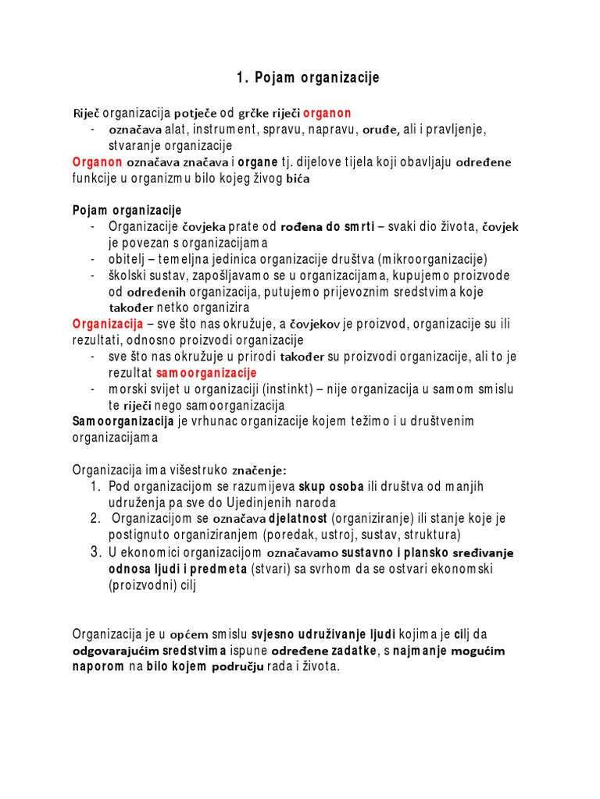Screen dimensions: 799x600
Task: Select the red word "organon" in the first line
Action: pos(327,113)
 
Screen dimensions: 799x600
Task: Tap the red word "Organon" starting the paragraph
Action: pos(98,162)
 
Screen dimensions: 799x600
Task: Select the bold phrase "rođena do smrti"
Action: pos(327,227)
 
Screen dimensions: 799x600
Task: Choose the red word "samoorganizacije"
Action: pos(206,373)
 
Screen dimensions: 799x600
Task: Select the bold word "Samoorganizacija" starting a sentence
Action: pos(123,421)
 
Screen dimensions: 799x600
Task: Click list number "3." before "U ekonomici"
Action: pos(95,552)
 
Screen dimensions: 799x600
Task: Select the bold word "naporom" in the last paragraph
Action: pos(98,667)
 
